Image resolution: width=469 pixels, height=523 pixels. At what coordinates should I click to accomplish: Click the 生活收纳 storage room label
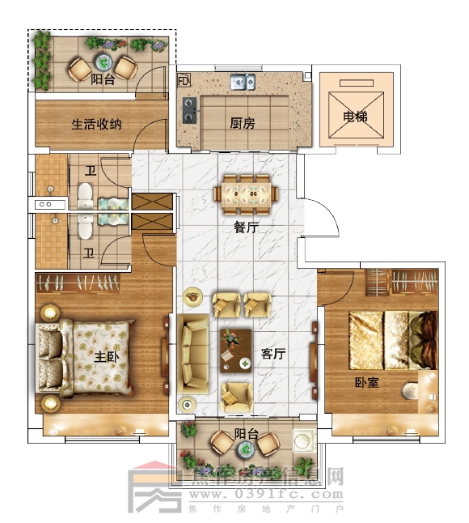point(96,125)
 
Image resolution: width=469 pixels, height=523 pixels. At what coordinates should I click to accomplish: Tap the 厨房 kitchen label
point(242,124)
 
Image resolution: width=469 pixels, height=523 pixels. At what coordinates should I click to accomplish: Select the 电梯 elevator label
point(355,117)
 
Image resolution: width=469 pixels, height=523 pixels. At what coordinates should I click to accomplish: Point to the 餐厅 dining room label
point(246,228)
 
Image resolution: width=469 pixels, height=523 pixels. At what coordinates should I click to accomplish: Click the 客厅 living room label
point(273,355)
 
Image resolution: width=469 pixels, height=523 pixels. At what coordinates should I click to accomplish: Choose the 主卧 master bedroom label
point(107,357)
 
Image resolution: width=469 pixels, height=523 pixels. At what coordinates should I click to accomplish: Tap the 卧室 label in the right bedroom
point(366,381)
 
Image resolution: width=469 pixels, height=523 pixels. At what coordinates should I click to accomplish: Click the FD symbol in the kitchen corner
point(183,81)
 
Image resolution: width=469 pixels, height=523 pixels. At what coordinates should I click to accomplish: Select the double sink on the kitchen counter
point(243,81)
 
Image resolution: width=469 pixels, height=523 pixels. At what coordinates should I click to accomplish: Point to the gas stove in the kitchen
point(189,110)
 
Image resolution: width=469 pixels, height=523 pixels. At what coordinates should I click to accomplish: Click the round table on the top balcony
point(102,62)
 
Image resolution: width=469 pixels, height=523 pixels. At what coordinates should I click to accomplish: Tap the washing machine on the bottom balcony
point(304,440)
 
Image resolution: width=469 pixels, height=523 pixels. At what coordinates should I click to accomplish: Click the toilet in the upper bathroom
point(87,194)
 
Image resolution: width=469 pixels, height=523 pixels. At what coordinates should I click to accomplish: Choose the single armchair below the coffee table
point(236,394)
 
